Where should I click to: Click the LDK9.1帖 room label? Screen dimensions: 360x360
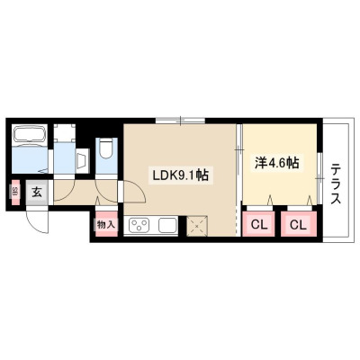pos(180,175)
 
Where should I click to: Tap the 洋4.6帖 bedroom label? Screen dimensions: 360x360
pos(277,163)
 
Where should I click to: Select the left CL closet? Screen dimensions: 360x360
pos(258,224)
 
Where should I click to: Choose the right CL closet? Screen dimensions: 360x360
pos(299,224)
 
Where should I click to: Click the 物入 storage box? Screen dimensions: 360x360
pos(106,224)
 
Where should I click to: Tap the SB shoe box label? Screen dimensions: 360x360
pos(15,192)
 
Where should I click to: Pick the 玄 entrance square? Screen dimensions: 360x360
pos(37,192)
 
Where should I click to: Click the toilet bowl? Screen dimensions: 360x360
pos(105,148)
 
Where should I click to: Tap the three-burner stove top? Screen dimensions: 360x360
pos(139,226)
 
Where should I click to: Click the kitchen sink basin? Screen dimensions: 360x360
pos(166,226)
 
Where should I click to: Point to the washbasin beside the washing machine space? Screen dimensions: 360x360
pos(82,161)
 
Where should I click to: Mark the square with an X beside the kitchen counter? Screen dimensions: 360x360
pos(196,226)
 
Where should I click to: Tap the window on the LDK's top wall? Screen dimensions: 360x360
pos(180,121)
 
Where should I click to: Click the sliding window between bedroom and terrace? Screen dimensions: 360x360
pos(320,178)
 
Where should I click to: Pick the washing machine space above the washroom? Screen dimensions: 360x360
pos(64,133)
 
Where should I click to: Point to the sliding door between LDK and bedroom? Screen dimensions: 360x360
pos(238,165)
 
